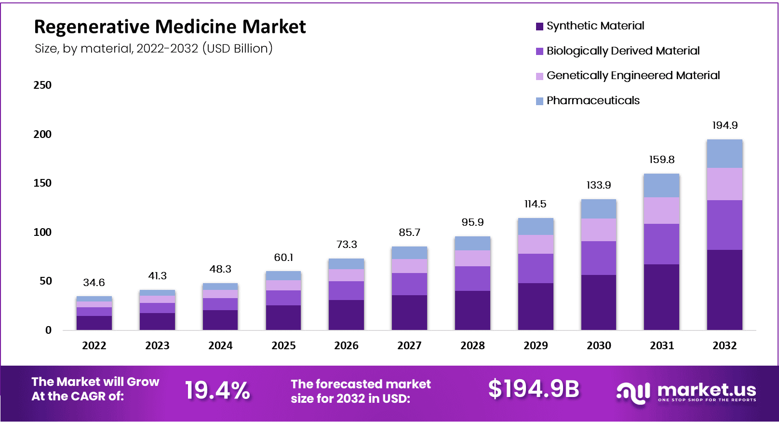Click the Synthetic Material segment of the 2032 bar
click(725, 289)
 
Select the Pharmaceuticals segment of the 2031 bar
click(661, 185)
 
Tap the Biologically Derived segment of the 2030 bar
click(598, 258)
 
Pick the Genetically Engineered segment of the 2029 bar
click(536, 244)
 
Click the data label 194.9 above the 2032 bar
click(725, 125)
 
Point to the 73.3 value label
click(347, 245)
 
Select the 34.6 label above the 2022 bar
click(94, 283)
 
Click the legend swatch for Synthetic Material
click(539, 27)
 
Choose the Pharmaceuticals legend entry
click(593, 101)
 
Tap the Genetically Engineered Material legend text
click(633, 76)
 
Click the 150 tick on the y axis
click(42, 183)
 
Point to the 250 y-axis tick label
click(42, 85)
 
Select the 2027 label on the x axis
click(409, 346)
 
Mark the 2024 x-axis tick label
click(220, 346)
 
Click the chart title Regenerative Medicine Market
click(170, 27)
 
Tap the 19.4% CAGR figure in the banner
click(217, 390)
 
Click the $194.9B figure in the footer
click(534, 389)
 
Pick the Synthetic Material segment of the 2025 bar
click(283, 317)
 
